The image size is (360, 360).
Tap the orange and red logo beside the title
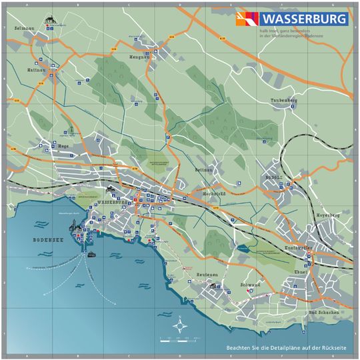pyautogui.click(x=247, y=19)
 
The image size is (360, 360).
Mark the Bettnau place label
pyautogui.click(x=202, y=171)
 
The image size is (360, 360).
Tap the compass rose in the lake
pyautogui.click(x=179, y=327)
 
